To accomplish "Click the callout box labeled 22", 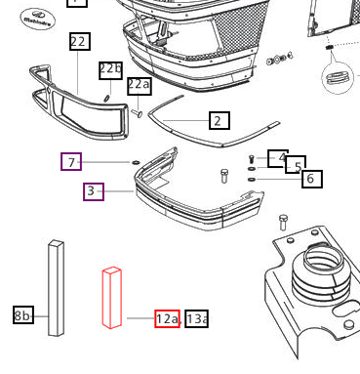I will click(x=79, y=41).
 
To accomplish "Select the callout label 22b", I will click(x=110, y=69).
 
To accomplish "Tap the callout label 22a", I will click(x=139, y=86).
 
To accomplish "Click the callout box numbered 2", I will click(x=218, y=121).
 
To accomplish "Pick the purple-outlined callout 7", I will click(x=71, y=161).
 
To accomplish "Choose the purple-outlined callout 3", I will click(x=94, y=191).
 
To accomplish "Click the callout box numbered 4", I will click(x=279, y=157).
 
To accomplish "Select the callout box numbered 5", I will click(x=295, y=166).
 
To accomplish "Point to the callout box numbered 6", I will click(x=310, y=179).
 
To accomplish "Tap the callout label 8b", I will click(x=23, y=315).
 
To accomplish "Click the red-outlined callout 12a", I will click(x=167, y=318).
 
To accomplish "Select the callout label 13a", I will click(x=196, y=318).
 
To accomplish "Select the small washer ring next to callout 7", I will click(x=136, y=162).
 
